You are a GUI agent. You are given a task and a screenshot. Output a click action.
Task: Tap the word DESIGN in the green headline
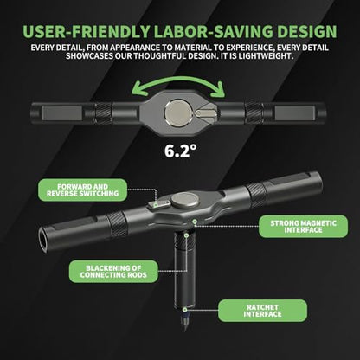pyautogui.click(x=307, y=32)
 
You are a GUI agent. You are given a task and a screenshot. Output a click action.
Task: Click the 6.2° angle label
pyautogui.click(x=181, y=151)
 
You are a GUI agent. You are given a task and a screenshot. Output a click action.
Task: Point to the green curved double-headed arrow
pyautogui.click(x=177, y=80)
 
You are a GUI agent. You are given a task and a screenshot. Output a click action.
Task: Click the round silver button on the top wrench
pyautogui.click(x=177, y=112)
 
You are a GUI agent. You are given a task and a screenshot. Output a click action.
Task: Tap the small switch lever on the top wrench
pyautogui.click(x=205, y=113)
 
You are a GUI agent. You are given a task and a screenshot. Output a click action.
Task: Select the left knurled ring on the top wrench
pyautogui.click(x=103, y=112)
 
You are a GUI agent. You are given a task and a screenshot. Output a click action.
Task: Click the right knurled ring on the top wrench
pyautogui.click(x=254, y=112)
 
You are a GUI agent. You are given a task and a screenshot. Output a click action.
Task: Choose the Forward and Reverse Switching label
pyautogui.click(x=82, y=190)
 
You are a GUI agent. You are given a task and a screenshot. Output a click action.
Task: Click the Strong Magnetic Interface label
pyautogui.click(x=303, y=227)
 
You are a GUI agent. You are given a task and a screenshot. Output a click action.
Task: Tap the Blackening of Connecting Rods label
pyautogui.click(x=113, y=272)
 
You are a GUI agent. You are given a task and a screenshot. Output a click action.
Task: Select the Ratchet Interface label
pyautogui.click(x=262, y=311)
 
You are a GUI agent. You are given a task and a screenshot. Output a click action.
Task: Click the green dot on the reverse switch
pyautogui.click(x=156, y=205)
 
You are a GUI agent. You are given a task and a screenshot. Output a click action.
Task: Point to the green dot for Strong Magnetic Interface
pyautogui.click(x=195, y=222)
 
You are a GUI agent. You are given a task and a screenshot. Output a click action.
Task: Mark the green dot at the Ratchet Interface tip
pyautogui.click(x=185, y=310)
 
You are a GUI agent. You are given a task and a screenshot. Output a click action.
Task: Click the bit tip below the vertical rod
pyautogui.click(x=184, y=321)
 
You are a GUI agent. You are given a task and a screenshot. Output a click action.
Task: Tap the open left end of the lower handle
pyautogui.click(x=43, y=240)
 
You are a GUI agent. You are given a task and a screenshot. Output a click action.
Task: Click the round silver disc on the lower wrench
pyautogui.click(x=185, y=200)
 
